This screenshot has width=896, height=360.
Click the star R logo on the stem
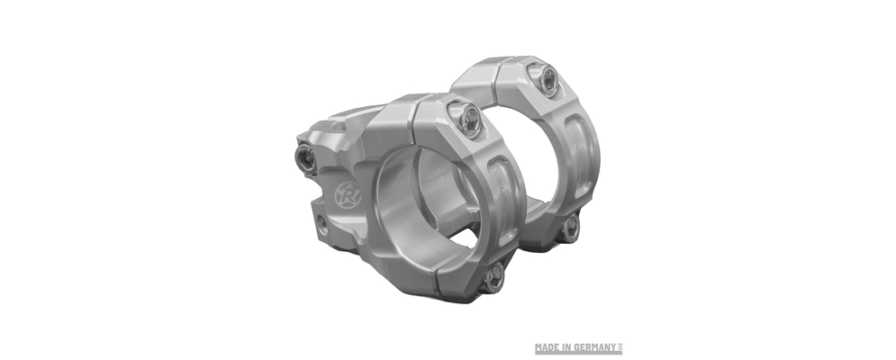click(x=347, y=195)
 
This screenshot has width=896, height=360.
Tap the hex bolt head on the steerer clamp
click(x=305, y=157)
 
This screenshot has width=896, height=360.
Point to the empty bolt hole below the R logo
click(x=323, y=224)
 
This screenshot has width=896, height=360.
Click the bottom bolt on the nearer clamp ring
click(x=493, y=279)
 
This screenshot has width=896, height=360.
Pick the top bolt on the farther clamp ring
click(x=547, y=79)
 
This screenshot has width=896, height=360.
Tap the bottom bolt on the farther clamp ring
click(x=571, y=229)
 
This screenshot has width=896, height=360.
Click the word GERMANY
click(x=596, y=347)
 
